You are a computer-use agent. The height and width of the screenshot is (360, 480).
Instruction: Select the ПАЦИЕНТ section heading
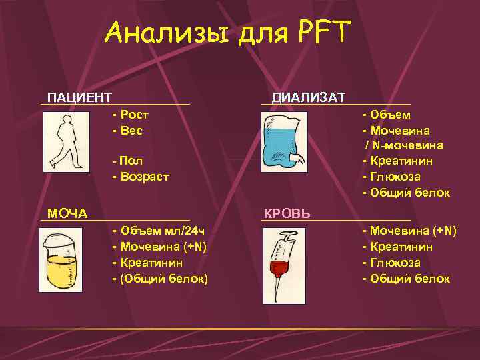click(x=79, y=98)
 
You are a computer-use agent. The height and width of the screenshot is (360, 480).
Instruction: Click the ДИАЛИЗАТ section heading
click(x=308, y=98)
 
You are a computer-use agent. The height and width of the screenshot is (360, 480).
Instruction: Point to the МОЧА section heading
click(x=67, y=213)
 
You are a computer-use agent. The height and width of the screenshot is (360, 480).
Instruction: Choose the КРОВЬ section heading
click(x=287, y=213)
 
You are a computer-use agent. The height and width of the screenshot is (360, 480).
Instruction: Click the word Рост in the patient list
click(x=135, y=115)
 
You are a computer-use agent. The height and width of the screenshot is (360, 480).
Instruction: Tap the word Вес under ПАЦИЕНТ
click(x=132, y=130)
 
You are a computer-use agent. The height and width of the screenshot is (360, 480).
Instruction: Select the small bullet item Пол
click(x=132, y=161)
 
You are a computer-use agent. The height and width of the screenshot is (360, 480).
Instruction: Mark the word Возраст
click(x=145, y=177)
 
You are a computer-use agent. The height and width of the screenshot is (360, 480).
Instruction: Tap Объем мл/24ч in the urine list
click(x=163, y=231)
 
